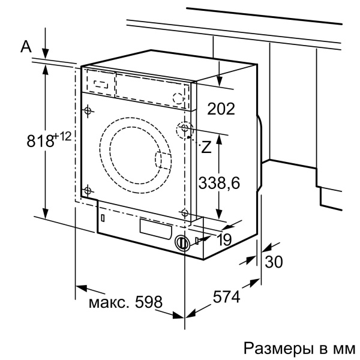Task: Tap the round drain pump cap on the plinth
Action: point(181,244)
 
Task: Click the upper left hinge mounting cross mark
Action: point(88,110)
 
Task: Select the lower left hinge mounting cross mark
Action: point(88,191)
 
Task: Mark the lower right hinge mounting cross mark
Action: point(184,211)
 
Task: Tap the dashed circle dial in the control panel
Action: point(178,98)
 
